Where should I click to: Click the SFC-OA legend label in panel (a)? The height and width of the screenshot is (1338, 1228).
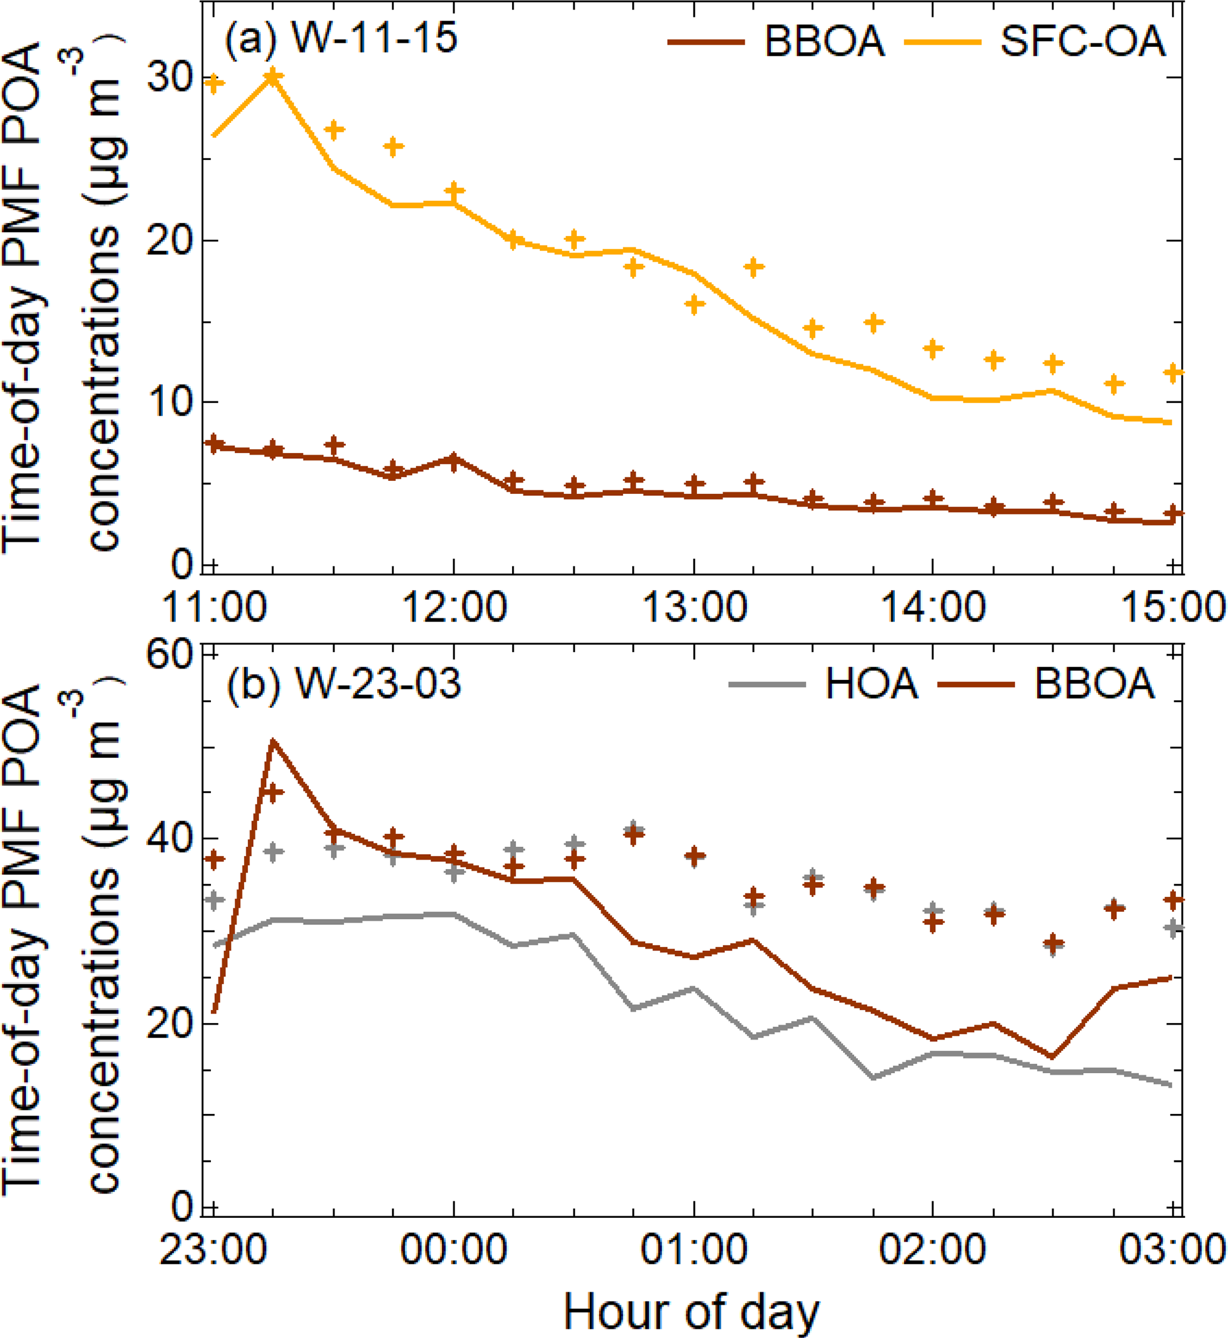coord(1083,41)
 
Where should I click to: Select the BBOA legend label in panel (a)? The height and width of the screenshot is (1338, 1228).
coord(825,41)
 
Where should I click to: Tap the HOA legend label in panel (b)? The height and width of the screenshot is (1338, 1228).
coord(871,684)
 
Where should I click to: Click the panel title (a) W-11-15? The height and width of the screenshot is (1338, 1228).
coord(341,38)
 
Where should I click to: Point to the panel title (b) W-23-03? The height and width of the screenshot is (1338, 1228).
coord(343,684)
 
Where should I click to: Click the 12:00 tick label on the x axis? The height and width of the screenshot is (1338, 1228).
coord(454,607)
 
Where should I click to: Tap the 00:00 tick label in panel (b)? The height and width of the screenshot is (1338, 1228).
coord(454,1250)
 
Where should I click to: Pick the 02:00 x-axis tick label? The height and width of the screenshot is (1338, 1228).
coord(933,1250)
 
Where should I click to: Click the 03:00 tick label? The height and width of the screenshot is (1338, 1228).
coord(1172,1250)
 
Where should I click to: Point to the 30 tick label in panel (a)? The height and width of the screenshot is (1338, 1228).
coord(169,78)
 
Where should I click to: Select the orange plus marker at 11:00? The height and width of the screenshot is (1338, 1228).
coord(213,84)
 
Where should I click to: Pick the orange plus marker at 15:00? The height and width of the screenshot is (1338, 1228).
coord(1173,372)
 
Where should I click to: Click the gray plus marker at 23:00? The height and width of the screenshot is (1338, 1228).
coord(213,900)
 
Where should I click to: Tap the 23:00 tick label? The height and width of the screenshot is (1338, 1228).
coord(214,1250)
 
